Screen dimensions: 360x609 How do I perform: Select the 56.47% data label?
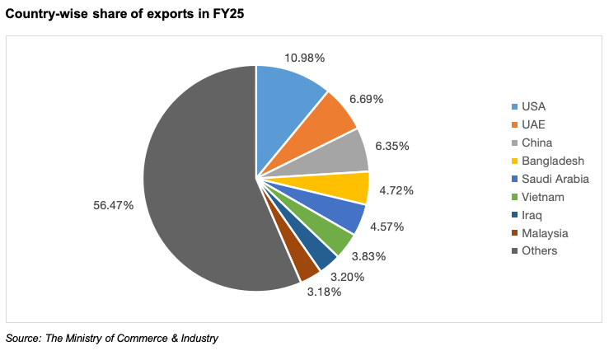(x=114, y=206)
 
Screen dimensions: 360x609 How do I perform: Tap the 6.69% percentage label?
(x=366, y=99)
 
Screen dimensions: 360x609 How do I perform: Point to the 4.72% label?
(x=396, y=190)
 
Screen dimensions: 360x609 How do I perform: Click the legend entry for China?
(x=536, y=143)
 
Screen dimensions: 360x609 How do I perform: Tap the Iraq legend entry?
(x=532, y=215)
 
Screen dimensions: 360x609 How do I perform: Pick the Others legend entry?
(x=539, y=250)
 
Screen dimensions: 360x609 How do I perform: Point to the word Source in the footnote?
(x=24, y=338)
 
